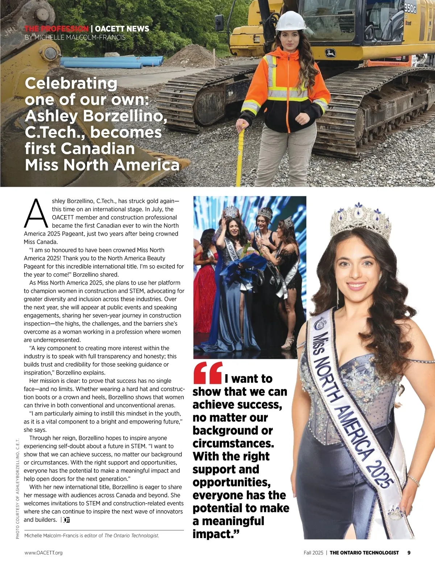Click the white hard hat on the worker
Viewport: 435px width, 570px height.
290,21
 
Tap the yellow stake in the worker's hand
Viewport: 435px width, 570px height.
240,156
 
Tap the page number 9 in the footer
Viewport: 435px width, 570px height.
409,553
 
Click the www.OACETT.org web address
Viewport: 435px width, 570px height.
43,553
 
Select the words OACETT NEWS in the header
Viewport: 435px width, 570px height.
122,29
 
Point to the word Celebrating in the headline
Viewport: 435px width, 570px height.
71,83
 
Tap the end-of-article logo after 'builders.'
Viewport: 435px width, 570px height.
66,520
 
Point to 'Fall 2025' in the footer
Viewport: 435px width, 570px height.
313,553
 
